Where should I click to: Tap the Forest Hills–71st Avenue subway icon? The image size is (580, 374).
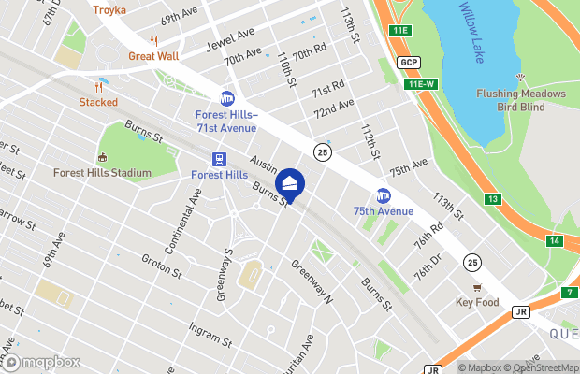click(226, 98)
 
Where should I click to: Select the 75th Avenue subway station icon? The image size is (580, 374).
click(383, 195)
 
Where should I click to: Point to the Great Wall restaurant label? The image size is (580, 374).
click(155, 55)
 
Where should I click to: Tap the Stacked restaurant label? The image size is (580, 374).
click(98, 102)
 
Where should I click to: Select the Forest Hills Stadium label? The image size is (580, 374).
click(102, 173)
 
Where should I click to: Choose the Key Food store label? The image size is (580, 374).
click(478, 302)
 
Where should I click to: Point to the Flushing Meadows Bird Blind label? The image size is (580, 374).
click(520, 100)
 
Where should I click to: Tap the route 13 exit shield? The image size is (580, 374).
click(492, 199)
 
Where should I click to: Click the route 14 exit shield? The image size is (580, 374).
click(555, 241)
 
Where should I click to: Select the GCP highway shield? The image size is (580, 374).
click(407, 63)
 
